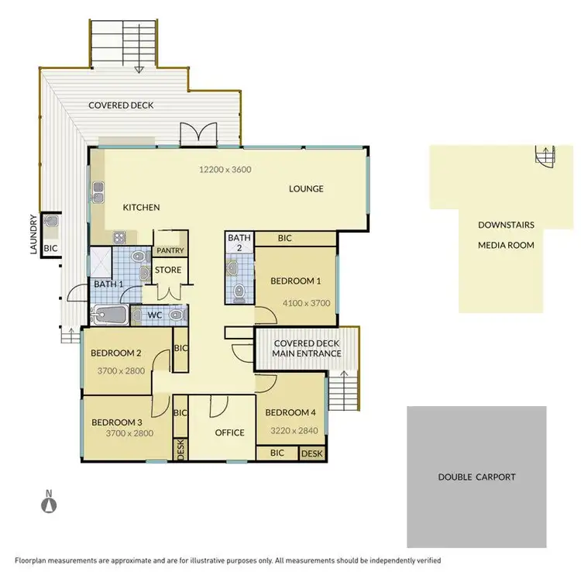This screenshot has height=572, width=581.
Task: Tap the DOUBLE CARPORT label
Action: point(476,477)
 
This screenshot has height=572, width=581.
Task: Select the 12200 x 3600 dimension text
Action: point(225,169)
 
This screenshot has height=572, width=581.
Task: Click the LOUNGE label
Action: point(306,188)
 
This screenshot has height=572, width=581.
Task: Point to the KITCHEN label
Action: point(141,207)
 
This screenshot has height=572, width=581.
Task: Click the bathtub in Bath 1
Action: point(108,314)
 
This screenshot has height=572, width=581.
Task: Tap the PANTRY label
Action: point(170,250)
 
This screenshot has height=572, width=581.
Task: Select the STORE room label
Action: point(168,270)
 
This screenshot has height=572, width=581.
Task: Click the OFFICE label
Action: point(229,432)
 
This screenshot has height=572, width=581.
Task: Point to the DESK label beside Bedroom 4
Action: point(311,453)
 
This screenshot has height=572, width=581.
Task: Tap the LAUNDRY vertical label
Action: point(33,234)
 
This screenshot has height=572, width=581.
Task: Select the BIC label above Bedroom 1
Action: point(284,238)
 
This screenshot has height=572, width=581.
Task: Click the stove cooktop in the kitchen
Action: point(121,237)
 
